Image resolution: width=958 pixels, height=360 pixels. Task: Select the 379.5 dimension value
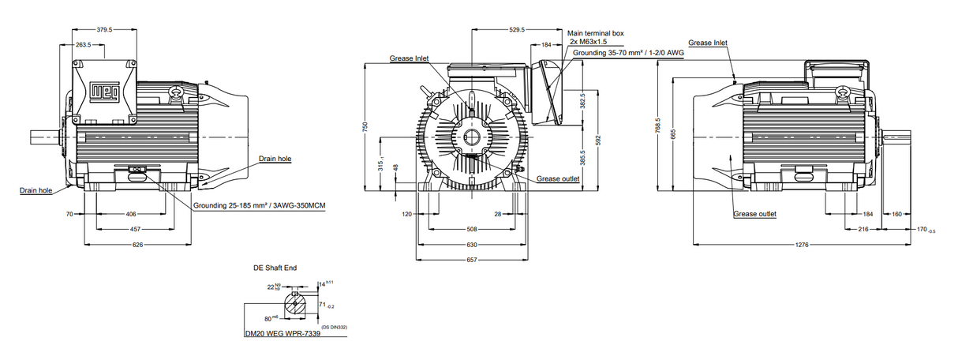coord(103,29)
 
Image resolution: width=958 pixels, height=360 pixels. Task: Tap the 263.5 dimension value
coord(84,45)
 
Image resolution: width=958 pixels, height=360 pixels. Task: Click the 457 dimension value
coord(136,229)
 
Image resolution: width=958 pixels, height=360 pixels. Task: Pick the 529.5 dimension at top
coord(517,30)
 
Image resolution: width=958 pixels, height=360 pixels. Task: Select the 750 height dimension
coord(365,129)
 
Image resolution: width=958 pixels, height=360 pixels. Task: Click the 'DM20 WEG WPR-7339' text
coord(283,333)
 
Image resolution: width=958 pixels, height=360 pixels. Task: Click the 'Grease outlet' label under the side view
coord(755,214)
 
